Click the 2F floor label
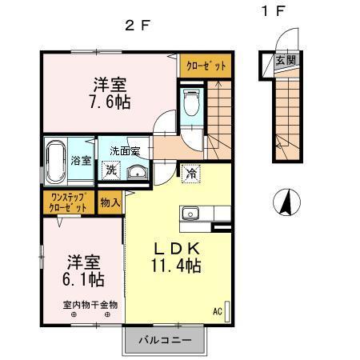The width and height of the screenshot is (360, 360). (138, 25)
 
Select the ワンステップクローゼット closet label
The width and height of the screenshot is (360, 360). (69, 202)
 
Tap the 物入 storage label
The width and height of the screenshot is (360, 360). (110, 202)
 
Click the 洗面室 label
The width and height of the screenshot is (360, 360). (126, 151)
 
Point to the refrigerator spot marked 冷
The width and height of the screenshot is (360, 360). (192, 171)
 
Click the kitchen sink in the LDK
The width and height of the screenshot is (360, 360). (191, 213)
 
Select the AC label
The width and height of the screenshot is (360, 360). (217, 310)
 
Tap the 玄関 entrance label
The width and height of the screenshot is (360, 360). (285, 61)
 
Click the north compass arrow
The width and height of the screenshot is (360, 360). (283, 202)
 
